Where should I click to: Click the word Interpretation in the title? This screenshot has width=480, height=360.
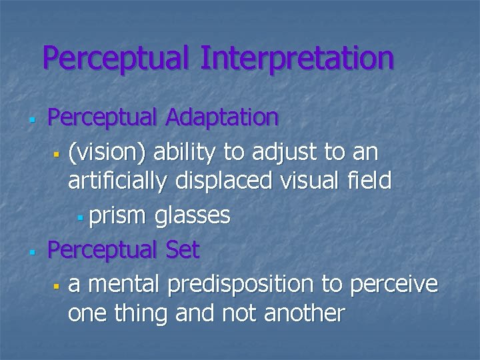(297, 58)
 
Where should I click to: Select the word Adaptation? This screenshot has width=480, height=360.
(221, 118)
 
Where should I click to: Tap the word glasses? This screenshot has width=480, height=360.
(193, 215)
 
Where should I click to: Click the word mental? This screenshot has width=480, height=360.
(124, 285)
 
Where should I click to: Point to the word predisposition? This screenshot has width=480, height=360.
(241, 285)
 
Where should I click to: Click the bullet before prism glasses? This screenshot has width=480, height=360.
(79, 217)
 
